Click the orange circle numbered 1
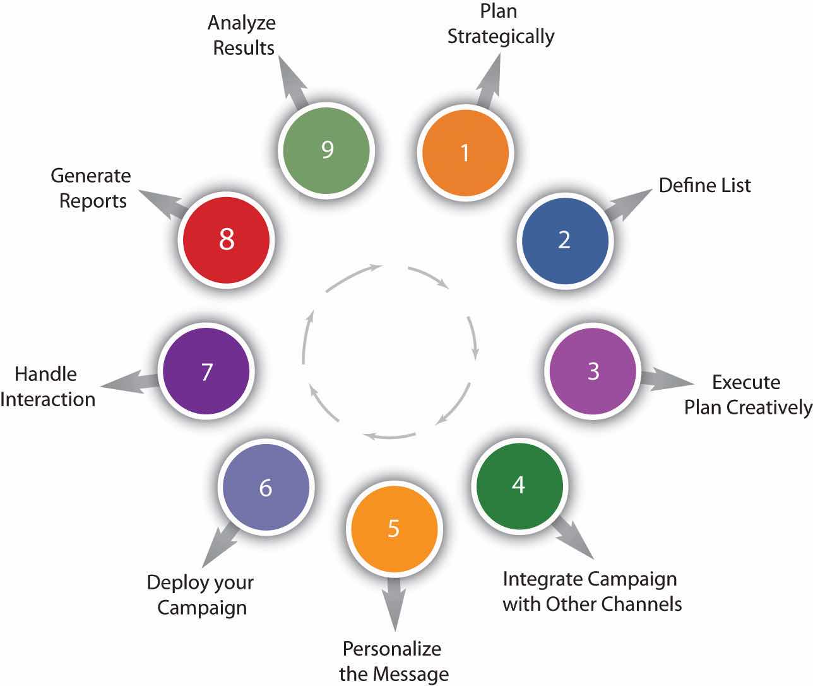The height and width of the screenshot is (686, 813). click(465, 153)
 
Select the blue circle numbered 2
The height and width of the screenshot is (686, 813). click(564, 240)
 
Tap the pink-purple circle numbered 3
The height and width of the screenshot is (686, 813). click(593, 371)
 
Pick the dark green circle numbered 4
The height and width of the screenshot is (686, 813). click(518, 485)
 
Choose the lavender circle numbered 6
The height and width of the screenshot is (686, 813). click(266, 487)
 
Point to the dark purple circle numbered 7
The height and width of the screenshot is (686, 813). click(206, 371)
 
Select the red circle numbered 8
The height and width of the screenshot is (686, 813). click(227, 240)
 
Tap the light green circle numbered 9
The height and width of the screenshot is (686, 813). click(327, 150)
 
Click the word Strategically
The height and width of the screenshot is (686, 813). click(501, 36)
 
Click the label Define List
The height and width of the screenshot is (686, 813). click(705, 186)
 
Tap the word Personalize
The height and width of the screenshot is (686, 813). click(392, 649)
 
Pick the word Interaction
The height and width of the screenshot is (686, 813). click(48, 399)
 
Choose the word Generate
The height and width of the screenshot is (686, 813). click(91, 176)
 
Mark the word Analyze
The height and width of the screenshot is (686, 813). click(242, 23)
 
